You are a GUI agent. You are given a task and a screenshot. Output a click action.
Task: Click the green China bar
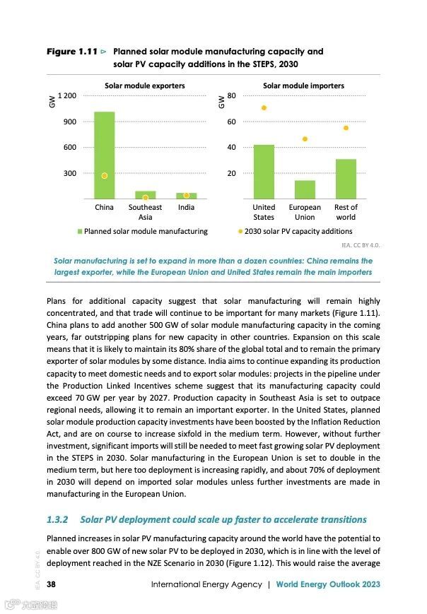(x=104, y=155)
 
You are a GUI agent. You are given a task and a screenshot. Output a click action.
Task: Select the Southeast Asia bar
(x=145, y=195)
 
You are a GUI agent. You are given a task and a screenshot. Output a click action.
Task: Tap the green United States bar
(x=264, y=172)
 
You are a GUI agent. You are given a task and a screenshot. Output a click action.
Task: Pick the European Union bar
(x=305, y=189)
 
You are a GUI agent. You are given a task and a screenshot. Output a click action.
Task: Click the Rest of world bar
(x=346, y=179)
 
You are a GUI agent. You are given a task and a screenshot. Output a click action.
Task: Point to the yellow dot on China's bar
(x=104, y=175)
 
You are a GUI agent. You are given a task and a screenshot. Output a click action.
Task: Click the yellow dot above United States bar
(x=264, y=108)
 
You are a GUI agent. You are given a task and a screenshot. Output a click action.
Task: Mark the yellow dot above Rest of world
(x=346, y=128)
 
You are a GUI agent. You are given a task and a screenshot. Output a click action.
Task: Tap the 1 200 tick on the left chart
(x=67, y=95)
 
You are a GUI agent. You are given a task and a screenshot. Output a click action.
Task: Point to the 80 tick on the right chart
(x=231, y=95)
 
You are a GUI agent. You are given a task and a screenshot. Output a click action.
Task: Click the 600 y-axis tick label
(x=70, y=147)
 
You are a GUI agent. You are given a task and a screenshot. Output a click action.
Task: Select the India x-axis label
(x=186, y=208)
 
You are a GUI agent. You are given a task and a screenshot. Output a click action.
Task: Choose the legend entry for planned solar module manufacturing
(x=142, y=231)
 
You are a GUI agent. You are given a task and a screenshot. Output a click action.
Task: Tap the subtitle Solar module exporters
(x=145, y=85)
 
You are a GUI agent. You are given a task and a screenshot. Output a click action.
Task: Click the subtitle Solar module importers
(x=303, y=85)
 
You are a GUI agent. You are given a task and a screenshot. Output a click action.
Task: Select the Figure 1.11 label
(x=71, y=52)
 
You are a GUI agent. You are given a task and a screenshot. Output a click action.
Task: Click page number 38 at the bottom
(x=52, y=584)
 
